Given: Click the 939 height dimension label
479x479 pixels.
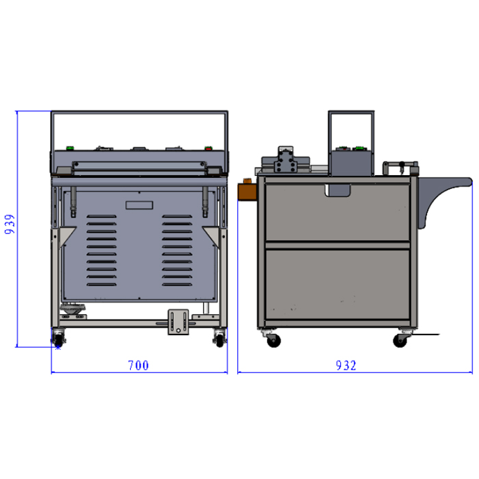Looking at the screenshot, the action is (x=10, y=224).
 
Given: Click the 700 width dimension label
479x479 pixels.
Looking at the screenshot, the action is (x=138, y=365).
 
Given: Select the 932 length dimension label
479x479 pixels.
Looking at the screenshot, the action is (x=346, y=365).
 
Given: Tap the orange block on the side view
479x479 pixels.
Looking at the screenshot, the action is (x=247, y=191).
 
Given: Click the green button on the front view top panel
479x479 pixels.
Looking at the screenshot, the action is (x=70, y=148).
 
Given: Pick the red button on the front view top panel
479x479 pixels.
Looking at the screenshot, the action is (x=209, y=148).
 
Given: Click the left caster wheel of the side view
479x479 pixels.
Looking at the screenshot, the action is (x=273, y=339).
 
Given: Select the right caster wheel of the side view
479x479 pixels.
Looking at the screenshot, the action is (x=400, y=339).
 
